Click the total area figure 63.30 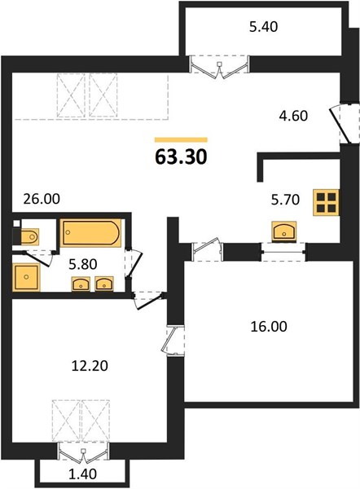click(181, 156)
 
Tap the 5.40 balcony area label click(263, 27)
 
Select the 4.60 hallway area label click(293, 116)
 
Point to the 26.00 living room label click(42, 199)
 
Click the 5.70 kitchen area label click(285, 200)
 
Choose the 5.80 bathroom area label click(83, 264)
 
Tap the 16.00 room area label click(269, 327)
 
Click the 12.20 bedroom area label click(90, 366)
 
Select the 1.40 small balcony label click(82, 474)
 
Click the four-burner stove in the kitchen click(326, 203)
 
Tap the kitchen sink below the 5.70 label click(284, 231)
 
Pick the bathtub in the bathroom click(90, 233)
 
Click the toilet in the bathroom click(29, 236)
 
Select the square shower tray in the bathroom click(26, 277)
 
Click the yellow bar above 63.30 click(181, 139)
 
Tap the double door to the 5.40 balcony click(220, 67)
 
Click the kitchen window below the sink click(283, 252)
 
